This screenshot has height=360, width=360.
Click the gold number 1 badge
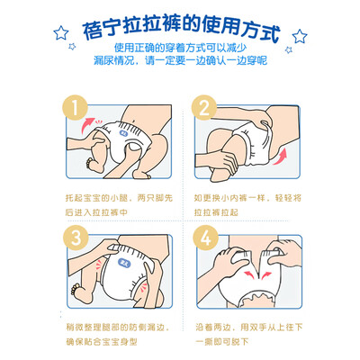pyautogui.click(x=76, y=108)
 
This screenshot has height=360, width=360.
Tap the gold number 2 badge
pyautogui.click(x=204, y=108)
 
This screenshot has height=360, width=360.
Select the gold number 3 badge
pyautogui.click(x=76, y=238)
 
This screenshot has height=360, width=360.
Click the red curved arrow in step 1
pyautogui.click(x=86, y=125)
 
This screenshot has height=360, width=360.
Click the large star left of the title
pyautogui.click(x=61, y=32)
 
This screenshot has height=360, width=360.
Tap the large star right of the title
pyautogui.click(x=300, y=36)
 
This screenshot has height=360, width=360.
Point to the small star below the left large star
pyautogui.click(x=72, y=47)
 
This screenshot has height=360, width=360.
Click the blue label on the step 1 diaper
pyautogui.click(x=123, y=134)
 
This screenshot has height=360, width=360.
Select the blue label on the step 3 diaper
pyautogui.click(x=123, y=264)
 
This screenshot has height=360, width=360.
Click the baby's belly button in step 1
pyautogui.click(x=133, y=120)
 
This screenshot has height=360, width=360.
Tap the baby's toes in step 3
pyautogui.click(x=75, y=291)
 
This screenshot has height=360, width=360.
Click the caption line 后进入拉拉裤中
pyautogui.click(x=96, y=212)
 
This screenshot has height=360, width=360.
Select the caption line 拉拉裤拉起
pyautogui.click(x=216, y=212)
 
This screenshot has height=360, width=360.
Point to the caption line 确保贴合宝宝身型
pyautogui.click(x=102, y=342)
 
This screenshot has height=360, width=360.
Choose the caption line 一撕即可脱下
pyautogui.click(x=222, y=342)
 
